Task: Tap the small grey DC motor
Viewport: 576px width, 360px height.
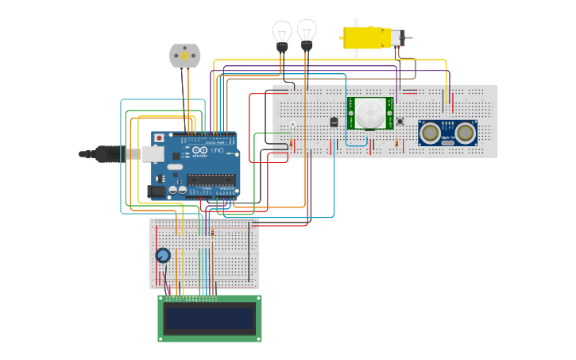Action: click(184, 55)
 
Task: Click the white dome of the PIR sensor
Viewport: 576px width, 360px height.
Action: click(368, 113)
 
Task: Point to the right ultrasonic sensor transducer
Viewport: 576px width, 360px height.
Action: click(465, 131)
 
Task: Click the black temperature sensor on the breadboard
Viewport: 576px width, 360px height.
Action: click(334, 122)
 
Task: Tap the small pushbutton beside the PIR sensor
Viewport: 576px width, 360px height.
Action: click(400, 122)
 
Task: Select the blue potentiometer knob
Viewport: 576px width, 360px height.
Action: click(163, 255)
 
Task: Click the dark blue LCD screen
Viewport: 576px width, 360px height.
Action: click(209, 319)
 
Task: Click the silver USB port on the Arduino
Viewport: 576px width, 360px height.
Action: click(153, 153)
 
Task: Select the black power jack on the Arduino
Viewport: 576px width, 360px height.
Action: click(157, 191)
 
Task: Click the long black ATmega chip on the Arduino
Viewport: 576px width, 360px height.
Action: click(211, 179)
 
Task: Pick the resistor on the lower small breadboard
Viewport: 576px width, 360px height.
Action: click(212, 232)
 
